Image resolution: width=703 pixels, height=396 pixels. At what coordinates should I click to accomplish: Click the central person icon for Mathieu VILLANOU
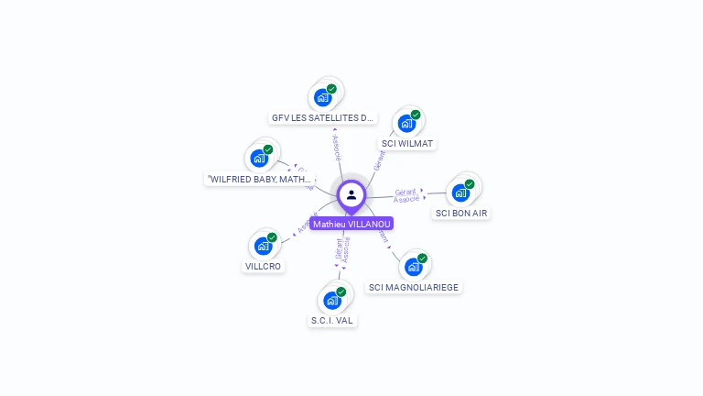pyautogui.click(x=351, y=194)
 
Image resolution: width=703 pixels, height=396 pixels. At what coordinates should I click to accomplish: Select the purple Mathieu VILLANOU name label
pyautogui.click(x=351, y=224)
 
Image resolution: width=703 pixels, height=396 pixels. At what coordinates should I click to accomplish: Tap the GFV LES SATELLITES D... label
pyautogui.click(x=323, y=117)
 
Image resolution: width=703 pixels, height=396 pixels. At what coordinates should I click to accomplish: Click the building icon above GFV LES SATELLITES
pyautogui.click(x=322, y=97)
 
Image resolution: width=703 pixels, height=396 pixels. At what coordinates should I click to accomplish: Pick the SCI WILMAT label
pyautogui.click(x=407, y=143)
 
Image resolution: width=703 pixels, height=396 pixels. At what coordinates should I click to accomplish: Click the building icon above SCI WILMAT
pyautogui.click(x=406, y=123)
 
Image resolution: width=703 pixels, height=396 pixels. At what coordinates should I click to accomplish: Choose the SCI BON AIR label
pyautogui.click(x=461, y=213)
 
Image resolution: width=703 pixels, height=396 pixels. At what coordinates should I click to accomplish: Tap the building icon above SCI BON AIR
pyautogui.click(x=460, y=192)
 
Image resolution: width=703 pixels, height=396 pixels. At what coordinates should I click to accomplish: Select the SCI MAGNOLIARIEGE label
pyautogui.click(x=414, y=287)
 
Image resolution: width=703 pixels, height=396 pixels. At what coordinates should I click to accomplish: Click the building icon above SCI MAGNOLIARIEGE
pyautogui.click(x=413, y=267)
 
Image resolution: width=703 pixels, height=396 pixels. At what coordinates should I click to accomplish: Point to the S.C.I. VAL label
pyautogui.click(x=332, y=320)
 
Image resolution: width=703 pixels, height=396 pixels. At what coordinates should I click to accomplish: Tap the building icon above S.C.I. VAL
pyautogui.click(x=332, y=300)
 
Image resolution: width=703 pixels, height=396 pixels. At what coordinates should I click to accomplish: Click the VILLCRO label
pyautogui.click(x=264, y=266)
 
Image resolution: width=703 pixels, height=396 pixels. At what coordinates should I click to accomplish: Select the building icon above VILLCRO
pyautogui.click(x=264, y=246)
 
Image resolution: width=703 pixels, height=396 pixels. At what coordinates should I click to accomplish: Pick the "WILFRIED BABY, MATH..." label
pyautogui.click(x=260, y=179)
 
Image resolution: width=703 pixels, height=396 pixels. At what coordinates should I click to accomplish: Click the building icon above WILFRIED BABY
pyautogui.click(x=260, y=159)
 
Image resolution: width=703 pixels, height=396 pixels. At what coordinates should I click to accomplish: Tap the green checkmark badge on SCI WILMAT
pyautogui.click(x=416, y=115)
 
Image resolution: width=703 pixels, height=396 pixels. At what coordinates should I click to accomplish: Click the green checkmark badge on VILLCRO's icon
pyautogui.click(x=272, y=237)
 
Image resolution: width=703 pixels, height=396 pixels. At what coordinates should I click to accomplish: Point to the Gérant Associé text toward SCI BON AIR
pyautogui.click(x=406, y=195)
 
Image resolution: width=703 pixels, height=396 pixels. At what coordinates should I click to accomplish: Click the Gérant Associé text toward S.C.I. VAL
pyautogui.click(x=341, y=251)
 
